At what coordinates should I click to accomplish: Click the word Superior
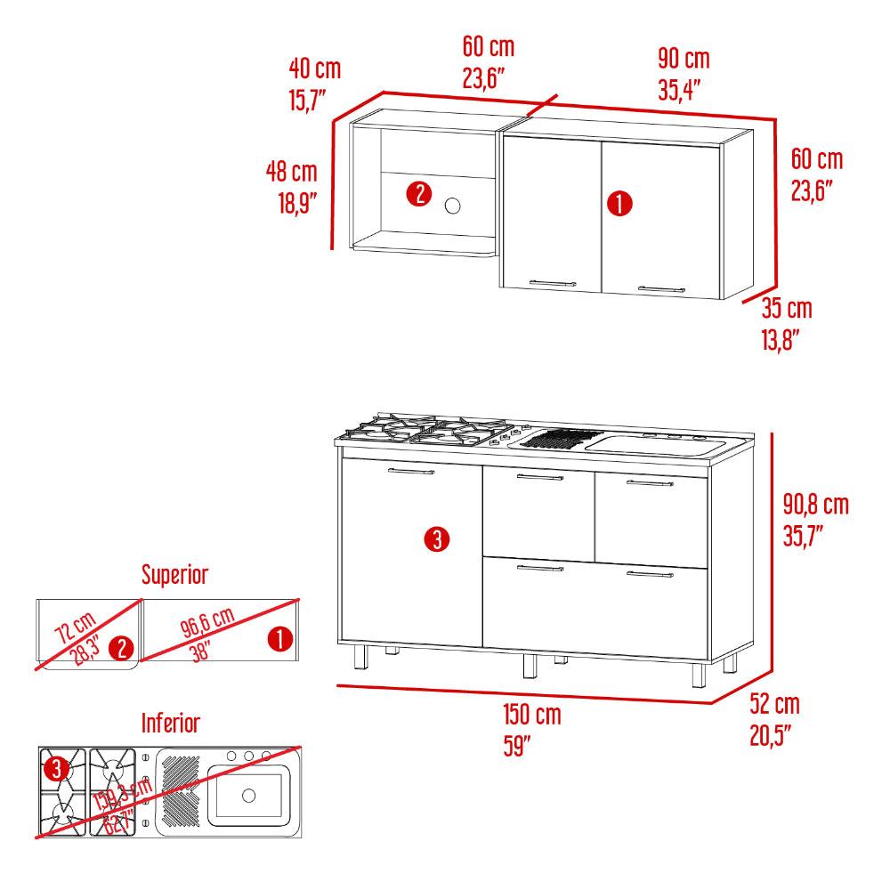click(x=174, y=574)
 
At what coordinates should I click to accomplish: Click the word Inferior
click(x=171, y=723)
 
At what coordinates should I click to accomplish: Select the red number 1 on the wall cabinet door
click(x=619, y=203)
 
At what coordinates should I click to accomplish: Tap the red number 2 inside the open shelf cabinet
click(x=419, y=194)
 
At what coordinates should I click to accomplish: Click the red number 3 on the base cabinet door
click(x=437, y=538)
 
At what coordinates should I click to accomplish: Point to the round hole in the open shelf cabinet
click(x=452, y=206)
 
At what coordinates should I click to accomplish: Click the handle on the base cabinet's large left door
click(x=411, y=471)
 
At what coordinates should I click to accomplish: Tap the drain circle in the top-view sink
click(x=248, y=795)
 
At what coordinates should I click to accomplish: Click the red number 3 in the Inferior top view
click(x=56, y=770)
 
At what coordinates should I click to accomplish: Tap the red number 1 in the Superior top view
click(x=279, y=639)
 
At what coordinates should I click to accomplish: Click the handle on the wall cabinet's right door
click(x=662, y=289)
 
